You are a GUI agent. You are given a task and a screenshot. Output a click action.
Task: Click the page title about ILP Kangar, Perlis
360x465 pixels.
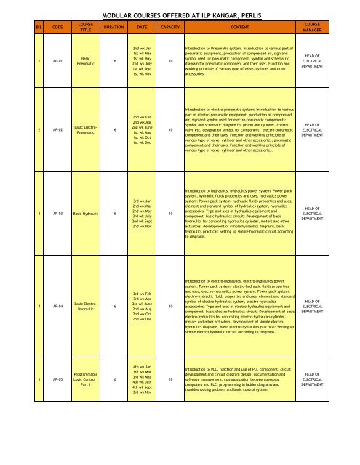point(180,13)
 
